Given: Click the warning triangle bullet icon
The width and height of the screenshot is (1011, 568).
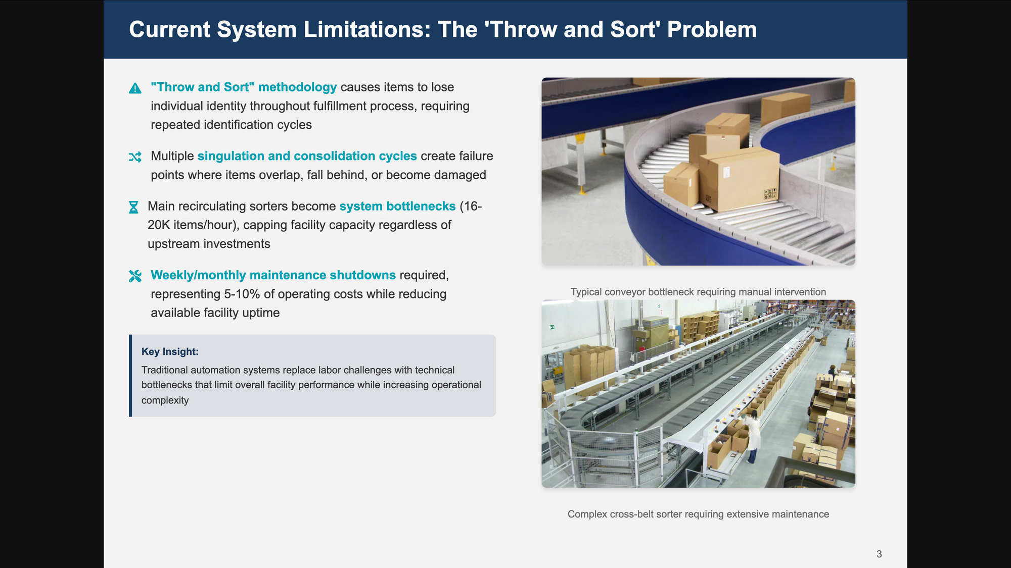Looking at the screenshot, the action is pyautogui.click(x=135, y=88).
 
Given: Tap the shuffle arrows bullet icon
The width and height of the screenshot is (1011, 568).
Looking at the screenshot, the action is pyautogui.click(x=135, y=157).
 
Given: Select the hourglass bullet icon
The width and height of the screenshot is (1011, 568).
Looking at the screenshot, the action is pyautogui.click(x=133, y=207).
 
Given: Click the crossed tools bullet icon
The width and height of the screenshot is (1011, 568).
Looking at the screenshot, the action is pyautogui.click(x=135, y=276).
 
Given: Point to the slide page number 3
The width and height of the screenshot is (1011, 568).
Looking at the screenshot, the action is pyautogui.click(x=879, y=554).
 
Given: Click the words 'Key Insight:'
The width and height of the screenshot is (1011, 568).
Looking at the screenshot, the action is pyautogui.click(x=170, y=351).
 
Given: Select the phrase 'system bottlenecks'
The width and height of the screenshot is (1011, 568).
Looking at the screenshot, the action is pyautogui.click(x=397, y=206).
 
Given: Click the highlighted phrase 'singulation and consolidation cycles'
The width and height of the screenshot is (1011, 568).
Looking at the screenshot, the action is pyautogui.click(x=307, y=156).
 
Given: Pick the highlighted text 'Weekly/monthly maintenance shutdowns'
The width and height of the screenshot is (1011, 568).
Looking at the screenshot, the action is pyautogui.click(x=273, y=275).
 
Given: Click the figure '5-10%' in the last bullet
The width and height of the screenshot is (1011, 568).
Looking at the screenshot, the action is pyautogui.click(x=242, y=294).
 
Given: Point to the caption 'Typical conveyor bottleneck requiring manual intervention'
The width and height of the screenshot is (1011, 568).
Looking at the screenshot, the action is pyautogui.click(x=698, y=292).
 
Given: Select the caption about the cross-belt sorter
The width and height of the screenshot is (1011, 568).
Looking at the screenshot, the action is pyautogui.click(x=698, y=514).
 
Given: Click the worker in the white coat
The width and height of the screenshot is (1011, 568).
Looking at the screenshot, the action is pyautogui.click(x=752, y=435).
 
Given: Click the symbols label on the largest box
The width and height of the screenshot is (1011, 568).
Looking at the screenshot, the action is pyautogui.click(x=770, y=193).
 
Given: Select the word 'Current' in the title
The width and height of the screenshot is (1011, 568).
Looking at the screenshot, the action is pyautogui.click(x=169, y=29).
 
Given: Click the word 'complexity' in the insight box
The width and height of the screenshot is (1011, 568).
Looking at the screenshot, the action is pyautogui.click(x=165, y=400).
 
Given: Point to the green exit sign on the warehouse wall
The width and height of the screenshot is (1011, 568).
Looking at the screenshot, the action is pyautogui.click(x=552, y=327).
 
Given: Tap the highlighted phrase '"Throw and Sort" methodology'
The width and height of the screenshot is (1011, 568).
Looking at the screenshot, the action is pyautogui.click(x=244, y=87).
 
